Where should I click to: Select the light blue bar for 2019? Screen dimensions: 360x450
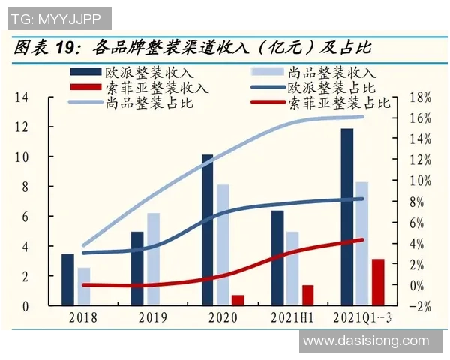pyautogui.click(x=153, y=259)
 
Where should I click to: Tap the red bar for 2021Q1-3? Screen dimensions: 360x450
pyautogui.click(x=378, y=282)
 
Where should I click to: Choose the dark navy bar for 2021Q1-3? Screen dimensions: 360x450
pyautogui.click(x=346, y=217)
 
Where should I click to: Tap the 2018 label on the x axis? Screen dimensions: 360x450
pyautogui.click(x=83, y=317)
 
